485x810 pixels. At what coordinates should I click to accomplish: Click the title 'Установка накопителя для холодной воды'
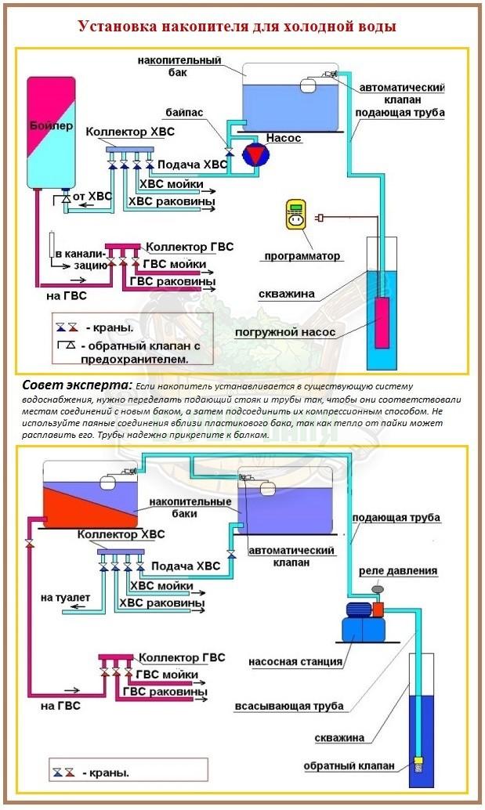pyautogui.click(x=236, y=27)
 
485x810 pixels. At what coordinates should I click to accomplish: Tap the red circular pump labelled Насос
pyautogui.click(x=255, y=155)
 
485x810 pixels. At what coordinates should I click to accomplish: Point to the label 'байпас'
pyautogui.click(x=185, y=113)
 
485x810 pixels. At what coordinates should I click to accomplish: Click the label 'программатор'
pyautogui.click(x=302, y=256)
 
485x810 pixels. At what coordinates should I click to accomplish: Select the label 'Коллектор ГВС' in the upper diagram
pyautogui.click(x=190, y=246)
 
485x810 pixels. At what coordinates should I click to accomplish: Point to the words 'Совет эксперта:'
pyautogui.click(x=77, y=386)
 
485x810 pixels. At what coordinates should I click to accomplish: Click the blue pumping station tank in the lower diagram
pyautogui.click(x=362, y=628)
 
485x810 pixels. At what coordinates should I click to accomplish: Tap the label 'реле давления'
pyautogui.click(x=398, y=570)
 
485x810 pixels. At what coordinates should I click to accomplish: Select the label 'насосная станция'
pyautogui.click(x=295, y=661)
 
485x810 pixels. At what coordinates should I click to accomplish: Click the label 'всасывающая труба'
pyautogui.click(x=289, y=706)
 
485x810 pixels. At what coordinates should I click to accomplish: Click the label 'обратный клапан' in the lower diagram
pyautogui.click(x=349, y=765)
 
